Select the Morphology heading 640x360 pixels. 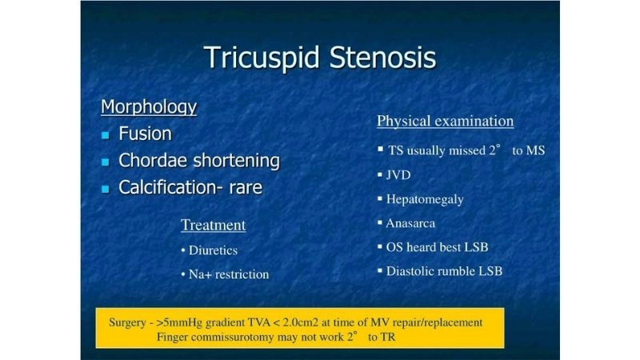[x=149, y=106]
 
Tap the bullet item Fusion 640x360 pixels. [x=145, y=134]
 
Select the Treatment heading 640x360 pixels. [x=213, y=225]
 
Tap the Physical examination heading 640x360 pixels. [x=445, y=121]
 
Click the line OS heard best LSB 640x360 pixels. [x=437, y=246]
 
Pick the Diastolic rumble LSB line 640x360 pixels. [x=444, y=270]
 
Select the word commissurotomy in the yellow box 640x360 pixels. [x=238, y=337]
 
